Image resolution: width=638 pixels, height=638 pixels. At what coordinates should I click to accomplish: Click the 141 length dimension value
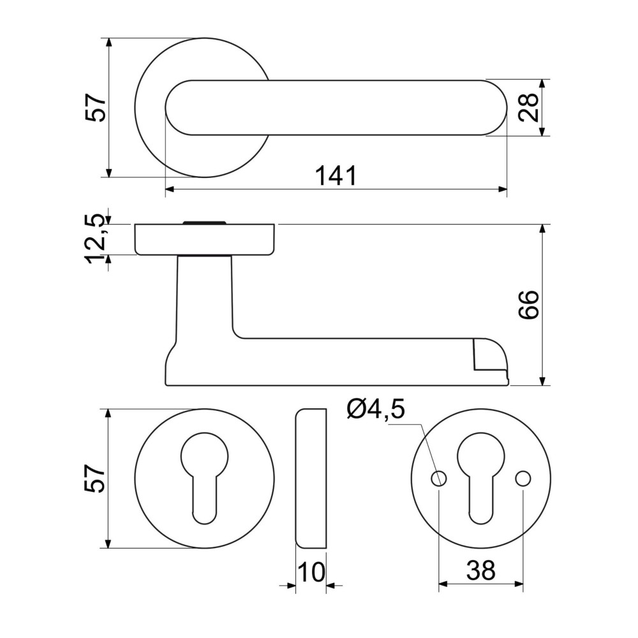tap(336, 176)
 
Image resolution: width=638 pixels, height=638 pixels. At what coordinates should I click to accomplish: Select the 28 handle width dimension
tap(528, 107)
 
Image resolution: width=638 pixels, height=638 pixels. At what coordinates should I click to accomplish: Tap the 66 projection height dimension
tap(528, 305)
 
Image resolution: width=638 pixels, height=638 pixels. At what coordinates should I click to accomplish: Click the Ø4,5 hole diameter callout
tap(376, 409)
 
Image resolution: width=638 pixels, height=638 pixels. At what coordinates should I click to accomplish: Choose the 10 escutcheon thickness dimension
tap(311, 572)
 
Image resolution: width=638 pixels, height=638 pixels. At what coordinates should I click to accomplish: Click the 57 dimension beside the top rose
tap(96, 108)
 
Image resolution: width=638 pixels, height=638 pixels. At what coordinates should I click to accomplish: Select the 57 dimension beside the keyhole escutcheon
tap(96, 479)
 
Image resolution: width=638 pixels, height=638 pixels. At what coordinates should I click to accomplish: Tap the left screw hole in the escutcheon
tap(439, 478)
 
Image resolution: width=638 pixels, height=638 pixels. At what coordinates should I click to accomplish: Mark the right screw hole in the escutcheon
tap(523, 478)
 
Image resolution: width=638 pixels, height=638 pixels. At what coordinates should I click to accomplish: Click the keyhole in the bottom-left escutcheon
tap(204, 478)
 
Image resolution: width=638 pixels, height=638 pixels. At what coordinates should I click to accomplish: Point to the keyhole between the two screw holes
tap(481, 478)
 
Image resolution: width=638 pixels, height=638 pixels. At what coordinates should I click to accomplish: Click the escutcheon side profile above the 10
tap(311, 478)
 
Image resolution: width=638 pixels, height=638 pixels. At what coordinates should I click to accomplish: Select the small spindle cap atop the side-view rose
tap(204, 222)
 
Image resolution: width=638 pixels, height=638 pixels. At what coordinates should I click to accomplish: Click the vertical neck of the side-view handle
tap(205, 297)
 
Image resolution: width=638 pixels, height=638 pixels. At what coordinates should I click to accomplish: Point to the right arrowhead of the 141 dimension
tap(503, 189)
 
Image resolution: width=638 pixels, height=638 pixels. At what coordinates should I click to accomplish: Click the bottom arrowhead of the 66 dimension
tap(542, 381)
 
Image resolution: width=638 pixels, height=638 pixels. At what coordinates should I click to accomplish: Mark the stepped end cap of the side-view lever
tap(491, 361)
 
